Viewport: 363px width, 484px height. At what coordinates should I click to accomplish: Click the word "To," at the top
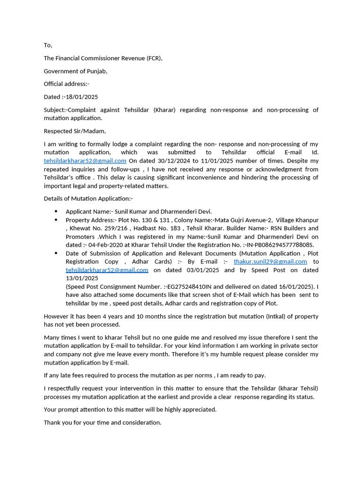coord(48,45)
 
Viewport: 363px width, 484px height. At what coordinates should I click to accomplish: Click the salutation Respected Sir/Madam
coord(75,131)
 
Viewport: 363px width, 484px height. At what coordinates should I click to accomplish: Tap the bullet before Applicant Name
coord(56,212)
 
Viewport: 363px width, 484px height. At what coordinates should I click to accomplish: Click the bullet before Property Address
coord(56,220)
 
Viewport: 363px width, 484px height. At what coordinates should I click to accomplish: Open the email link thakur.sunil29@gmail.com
coord(270,261)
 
